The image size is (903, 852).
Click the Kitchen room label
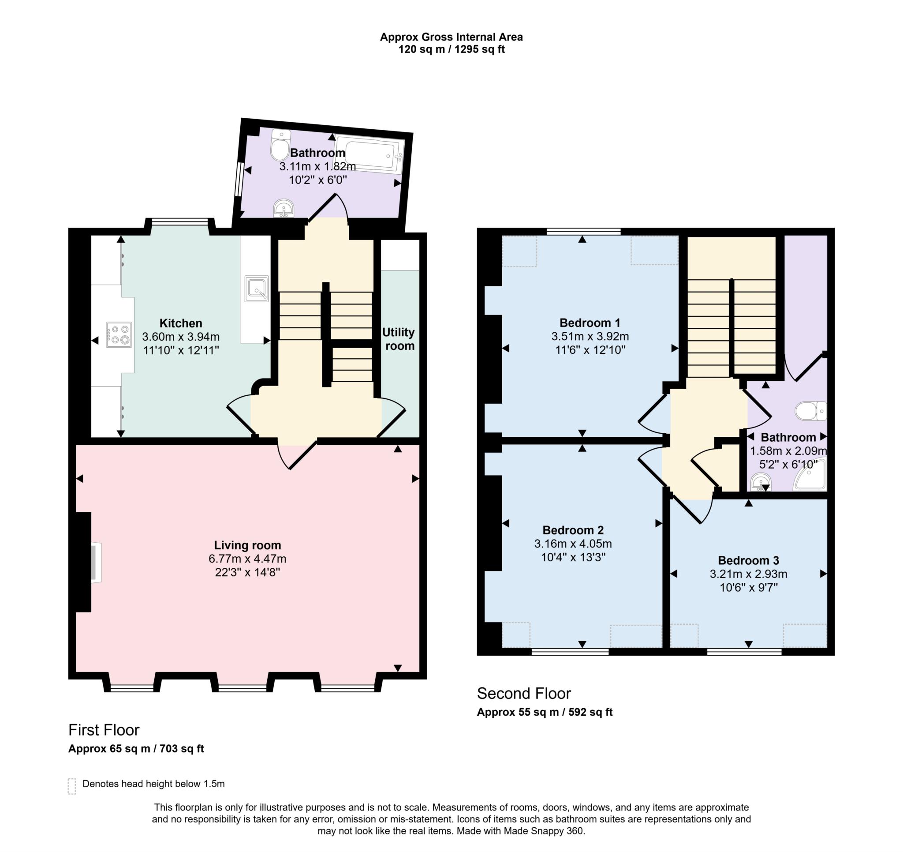pos(181,323)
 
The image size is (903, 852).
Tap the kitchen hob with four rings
pos(119,334)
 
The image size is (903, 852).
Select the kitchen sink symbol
pos(256,289)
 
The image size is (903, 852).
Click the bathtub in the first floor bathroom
pos(374,155)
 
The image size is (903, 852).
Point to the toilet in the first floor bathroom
pos(280,145)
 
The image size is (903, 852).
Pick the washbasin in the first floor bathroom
pos(284,209)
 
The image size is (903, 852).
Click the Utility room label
pos(398,339)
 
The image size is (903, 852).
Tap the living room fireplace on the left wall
pos(96,562)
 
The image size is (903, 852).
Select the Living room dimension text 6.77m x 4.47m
pos(247,558)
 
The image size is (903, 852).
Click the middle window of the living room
pos(243,689)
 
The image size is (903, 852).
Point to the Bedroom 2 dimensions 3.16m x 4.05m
pos(573,543)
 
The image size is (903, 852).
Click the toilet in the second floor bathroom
pos(811,410)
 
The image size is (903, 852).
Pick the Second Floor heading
pos(524,693)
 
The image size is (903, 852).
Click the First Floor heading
pos(104,730)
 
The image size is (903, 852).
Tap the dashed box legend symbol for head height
pos(72,786)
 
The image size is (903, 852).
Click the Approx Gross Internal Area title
pos(451,37)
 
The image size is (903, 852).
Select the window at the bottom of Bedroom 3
pos(744,652)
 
